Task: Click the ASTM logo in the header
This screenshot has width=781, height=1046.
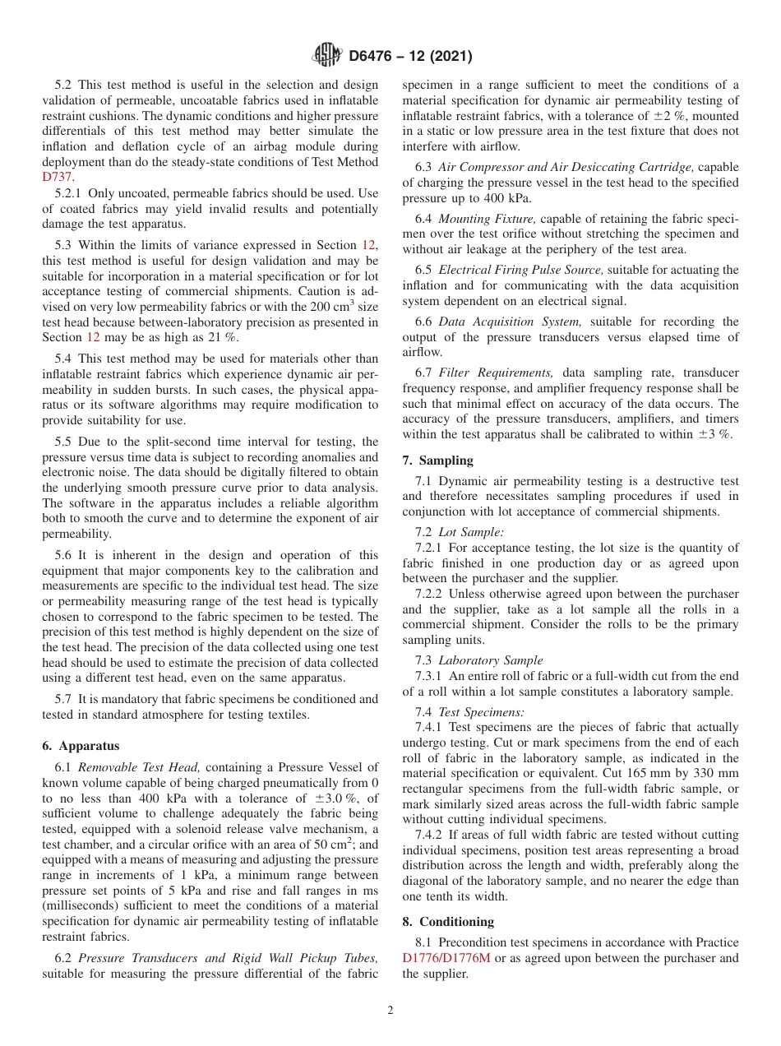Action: click(326, 57)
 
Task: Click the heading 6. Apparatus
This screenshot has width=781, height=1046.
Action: click(81, 746)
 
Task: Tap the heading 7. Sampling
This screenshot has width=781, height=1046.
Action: click(437, 461)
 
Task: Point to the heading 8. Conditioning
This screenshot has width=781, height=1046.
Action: click(448, 921)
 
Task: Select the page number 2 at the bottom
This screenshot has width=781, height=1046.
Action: click(390, 1011)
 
